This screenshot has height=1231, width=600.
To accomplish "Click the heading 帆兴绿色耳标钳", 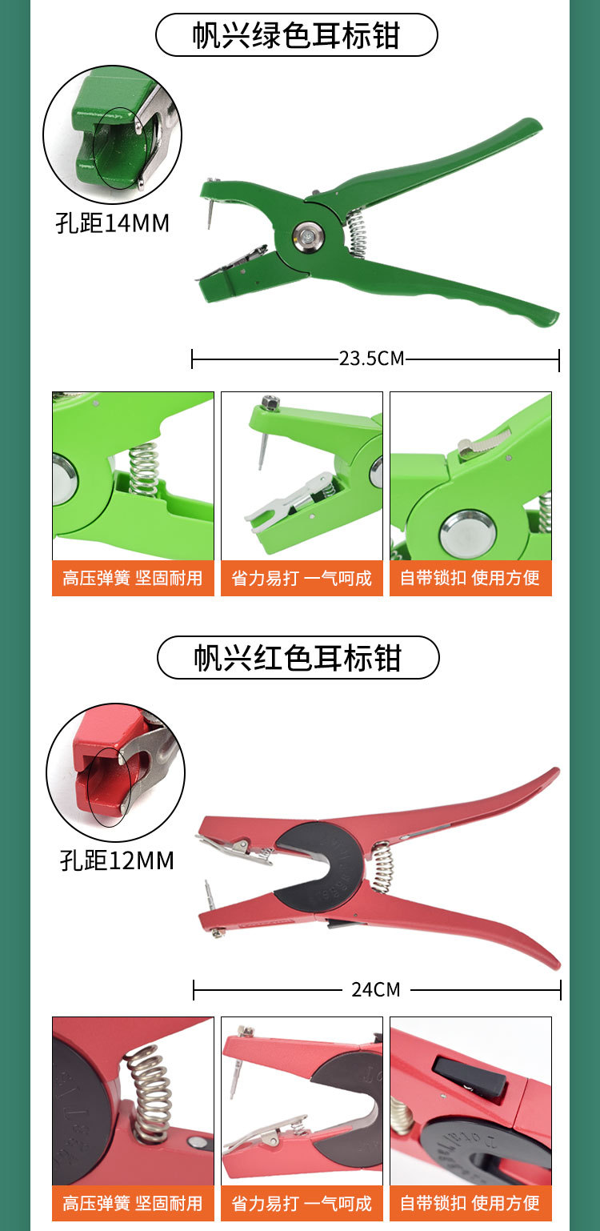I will [296, 35].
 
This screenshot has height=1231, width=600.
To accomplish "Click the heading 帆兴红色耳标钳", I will [298, 658].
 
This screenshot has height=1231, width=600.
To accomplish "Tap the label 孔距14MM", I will [113, 223].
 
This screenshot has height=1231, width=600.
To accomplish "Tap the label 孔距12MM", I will [117, 860].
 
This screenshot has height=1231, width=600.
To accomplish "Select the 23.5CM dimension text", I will [372, 358].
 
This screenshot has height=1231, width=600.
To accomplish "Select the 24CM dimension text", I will [376, 989].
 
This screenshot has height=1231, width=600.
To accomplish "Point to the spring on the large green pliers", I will [357, 232].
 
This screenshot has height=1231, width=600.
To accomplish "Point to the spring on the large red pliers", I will [382, 866].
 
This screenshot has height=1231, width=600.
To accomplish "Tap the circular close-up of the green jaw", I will [112, 134].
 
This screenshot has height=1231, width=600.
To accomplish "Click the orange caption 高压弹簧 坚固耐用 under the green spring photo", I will [133, 578].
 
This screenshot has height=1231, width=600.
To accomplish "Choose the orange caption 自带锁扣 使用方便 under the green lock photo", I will [470, 578].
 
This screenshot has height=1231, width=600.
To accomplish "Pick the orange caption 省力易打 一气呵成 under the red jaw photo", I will [302, 1203].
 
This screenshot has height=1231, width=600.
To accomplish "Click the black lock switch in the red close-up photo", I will [470, 1077].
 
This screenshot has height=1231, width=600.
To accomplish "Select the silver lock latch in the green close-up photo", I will [484, 442].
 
